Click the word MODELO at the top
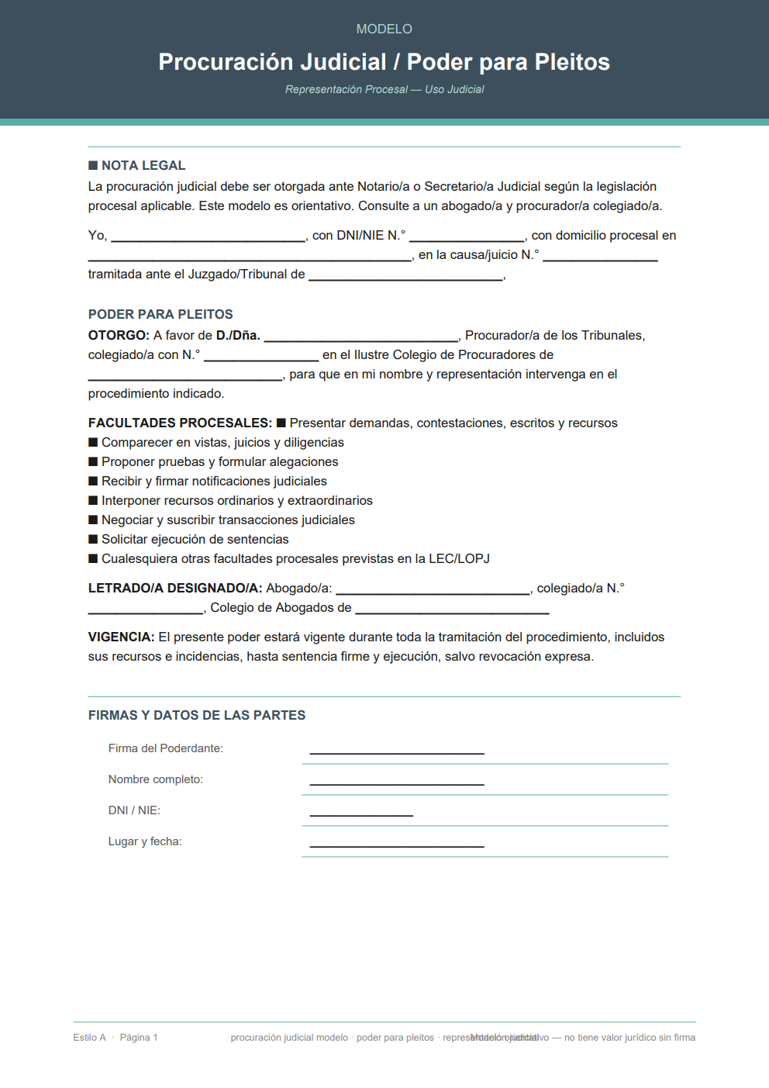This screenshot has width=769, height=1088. (x=384, y=29)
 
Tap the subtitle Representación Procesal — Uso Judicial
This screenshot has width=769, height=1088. (x=384, y=89)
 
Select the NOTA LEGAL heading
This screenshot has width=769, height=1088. (x=143, y=165)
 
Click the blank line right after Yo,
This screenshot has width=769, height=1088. (x=208, y=237)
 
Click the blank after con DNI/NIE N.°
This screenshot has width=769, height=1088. (x=467, y=237)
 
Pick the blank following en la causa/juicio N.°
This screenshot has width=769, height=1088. (x=600, y=257)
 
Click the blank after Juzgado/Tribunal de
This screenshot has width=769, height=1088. (x=405, y=276)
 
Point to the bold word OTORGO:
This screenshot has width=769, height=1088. (x=119, y=335)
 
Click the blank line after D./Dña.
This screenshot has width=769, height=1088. (x=361, y=337)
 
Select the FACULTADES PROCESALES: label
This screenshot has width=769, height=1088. (x=180, y=423)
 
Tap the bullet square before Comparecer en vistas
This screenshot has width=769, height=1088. (x=93, y=442)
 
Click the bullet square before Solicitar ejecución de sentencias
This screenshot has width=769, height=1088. (x=93, y=539)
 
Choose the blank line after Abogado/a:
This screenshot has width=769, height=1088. (x=433, y=590)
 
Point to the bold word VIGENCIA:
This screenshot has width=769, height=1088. (x=121, y=637)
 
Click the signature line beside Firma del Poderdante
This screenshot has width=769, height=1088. (x=397, y=751)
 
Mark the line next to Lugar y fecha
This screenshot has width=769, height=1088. (x=397, y=844)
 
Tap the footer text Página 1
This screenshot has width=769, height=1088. (x=139, y=1038)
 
